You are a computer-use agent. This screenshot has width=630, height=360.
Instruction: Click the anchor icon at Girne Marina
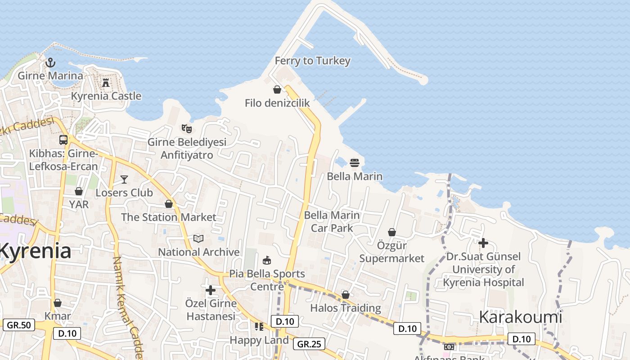(x=50, y=63)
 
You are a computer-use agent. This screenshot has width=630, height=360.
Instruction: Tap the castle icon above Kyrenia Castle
(x=106, y=83)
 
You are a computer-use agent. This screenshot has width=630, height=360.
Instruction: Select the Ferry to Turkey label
(x=312, y=61)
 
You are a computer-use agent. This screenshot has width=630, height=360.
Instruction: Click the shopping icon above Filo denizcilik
(x=277, y=90)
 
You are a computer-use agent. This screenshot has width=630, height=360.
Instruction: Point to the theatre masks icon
(x=187, y=129)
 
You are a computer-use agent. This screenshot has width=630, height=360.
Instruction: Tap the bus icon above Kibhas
(x=63, y=140)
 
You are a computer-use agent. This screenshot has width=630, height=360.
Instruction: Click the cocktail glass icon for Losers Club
(x=124, y=180)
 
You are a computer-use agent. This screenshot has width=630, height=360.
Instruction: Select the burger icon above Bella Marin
(x=355, y=162)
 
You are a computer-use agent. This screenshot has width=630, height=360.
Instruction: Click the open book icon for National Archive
(x=198, y=238)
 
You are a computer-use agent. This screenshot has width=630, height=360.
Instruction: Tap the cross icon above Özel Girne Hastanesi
(x=210, y=290)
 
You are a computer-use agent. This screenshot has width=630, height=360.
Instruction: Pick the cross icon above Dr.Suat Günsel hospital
(x=483, y=243)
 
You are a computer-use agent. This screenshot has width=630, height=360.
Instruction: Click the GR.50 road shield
(x=18, y=324)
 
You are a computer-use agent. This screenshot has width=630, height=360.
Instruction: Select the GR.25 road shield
(x=309, y=344)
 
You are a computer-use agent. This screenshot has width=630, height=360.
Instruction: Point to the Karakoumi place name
(x=520, y=317)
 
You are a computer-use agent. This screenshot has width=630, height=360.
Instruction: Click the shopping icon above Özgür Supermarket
(x=392, y=232)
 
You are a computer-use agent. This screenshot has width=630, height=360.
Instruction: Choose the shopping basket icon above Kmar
(x=58, y=303)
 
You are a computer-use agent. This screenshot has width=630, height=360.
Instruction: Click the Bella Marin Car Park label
(x=332, y=221)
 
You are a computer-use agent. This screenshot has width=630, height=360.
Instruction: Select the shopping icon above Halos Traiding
(x=346, y=295)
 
